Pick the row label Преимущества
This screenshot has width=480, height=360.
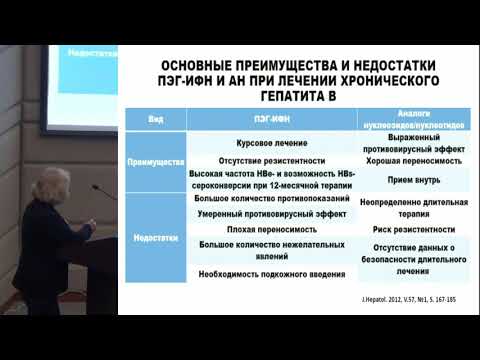pos(155,160)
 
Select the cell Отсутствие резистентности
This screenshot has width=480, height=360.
pos(257,160)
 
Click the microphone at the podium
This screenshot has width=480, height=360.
pos(97,187)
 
